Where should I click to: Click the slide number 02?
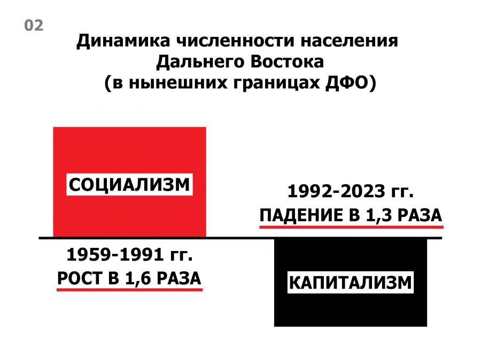pos(34,26)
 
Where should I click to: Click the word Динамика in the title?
pos(123,41)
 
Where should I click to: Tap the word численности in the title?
pos(235,41)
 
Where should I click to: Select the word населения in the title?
pos(349,41)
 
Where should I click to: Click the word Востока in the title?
pos(287,61)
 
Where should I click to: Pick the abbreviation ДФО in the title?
pos(347,82)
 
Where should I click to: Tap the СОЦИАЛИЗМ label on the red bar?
pos(129,185)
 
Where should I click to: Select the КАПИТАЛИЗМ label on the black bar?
pos(350,283)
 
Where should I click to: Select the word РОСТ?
pos(80,278)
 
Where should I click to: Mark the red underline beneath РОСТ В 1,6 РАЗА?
pos(130,289)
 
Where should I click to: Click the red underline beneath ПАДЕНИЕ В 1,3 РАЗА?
pos(351,227)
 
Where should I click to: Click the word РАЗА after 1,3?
pos(420,215)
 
